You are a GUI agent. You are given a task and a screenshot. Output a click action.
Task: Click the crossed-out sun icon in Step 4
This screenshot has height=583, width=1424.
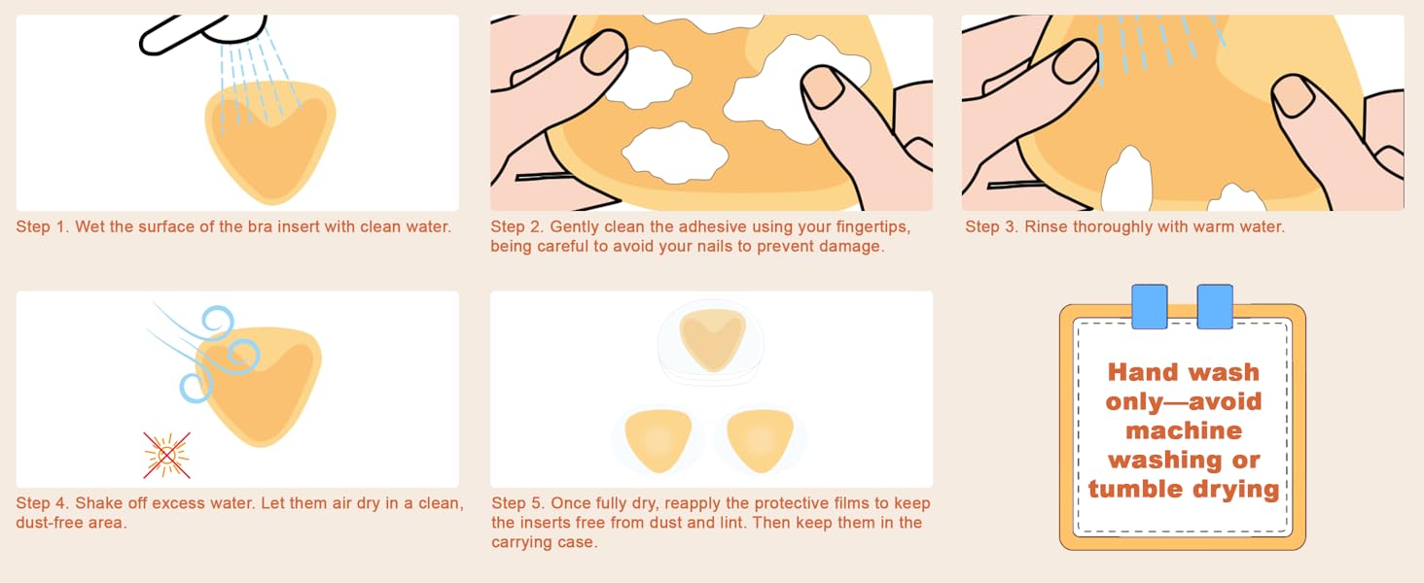(x=166, y=455)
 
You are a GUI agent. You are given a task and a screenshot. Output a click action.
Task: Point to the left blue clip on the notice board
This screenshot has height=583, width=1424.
(x=1150, y=306)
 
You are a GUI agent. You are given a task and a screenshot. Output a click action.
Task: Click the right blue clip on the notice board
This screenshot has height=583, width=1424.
(x=1215, y=306)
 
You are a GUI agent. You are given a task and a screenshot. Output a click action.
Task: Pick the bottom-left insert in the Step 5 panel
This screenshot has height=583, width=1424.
(x=659, y=436)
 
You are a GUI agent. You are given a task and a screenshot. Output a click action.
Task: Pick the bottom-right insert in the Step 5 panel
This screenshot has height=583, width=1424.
(x=761, y=436)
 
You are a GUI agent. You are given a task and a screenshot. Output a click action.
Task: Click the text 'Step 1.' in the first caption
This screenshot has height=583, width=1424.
(x=41, y=226)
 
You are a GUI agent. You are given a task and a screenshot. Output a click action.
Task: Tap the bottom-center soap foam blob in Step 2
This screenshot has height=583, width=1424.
(x=675, y=154)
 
